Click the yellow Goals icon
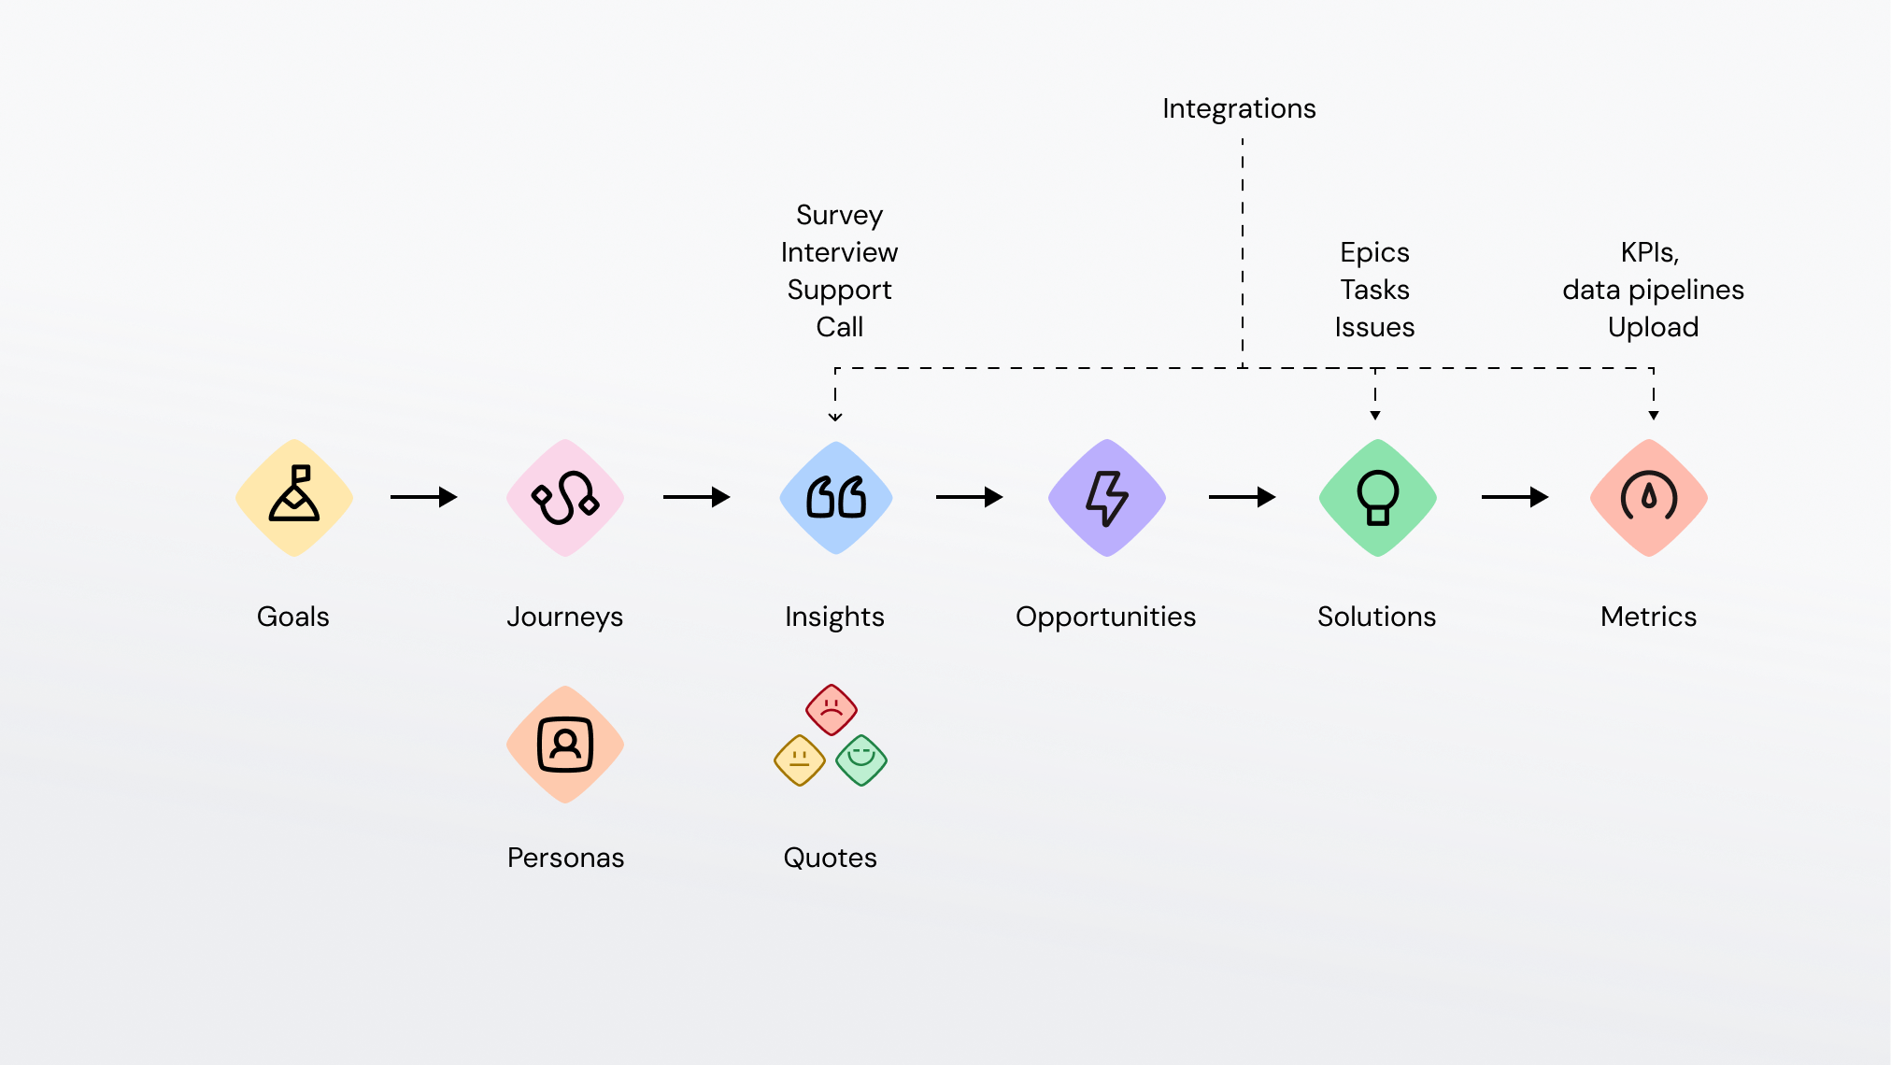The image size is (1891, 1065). pyautogui.click(x=294, y=498)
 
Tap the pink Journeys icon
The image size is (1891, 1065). pyautogui.click(x=565, y=498)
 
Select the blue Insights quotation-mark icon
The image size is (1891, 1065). pyautogui.click(x=836, y=498)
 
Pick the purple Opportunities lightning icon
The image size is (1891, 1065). pyautogui.click(x=1107, y=498)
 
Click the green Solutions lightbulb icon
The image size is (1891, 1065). pyautogui.click(x=1378, y=498)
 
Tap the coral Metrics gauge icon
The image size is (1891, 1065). pyautogui.click(x=1649, y=498)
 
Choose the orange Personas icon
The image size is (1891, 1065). pyautogui.click(x=565, y=745)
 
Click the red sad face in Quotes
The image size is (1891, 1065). pyautogui.click(x=832, y=710)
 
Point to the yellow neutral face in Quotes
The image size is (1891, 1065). pyautogui.click(x=800, y=760)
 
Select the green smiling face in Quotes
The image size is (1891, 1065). pyautogui.click(x=861, y=760)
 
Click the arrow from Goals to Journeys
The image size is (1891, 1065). pyautogui.click(x=424, y=497)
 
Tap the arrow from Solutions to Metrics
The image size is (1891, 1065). pyautogui.click(x=1515, y=497)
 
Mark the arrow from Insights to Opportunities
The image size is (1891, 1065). pyautogui.click(x=970, y=497)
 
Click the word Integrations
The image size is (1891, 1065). pyautogui.click(x=1239, y=108)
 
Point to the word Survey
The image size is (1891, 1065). pyautogui.click(x=839, y=216)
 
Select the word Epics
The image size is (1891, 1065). pyautogui.click(x=1374, y=253)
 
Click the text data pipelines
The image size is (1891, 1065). pyautogui.click(x=1653, y=291)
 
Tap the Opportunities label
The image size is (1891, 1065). pyautogui.click(x=1105, y=618)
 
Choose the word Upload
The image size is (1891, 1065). pyautogui.click(x=1653, y=328)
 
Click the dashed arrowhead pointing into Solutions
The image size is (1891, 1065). pyautogui.click(x=1375, y=416)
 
